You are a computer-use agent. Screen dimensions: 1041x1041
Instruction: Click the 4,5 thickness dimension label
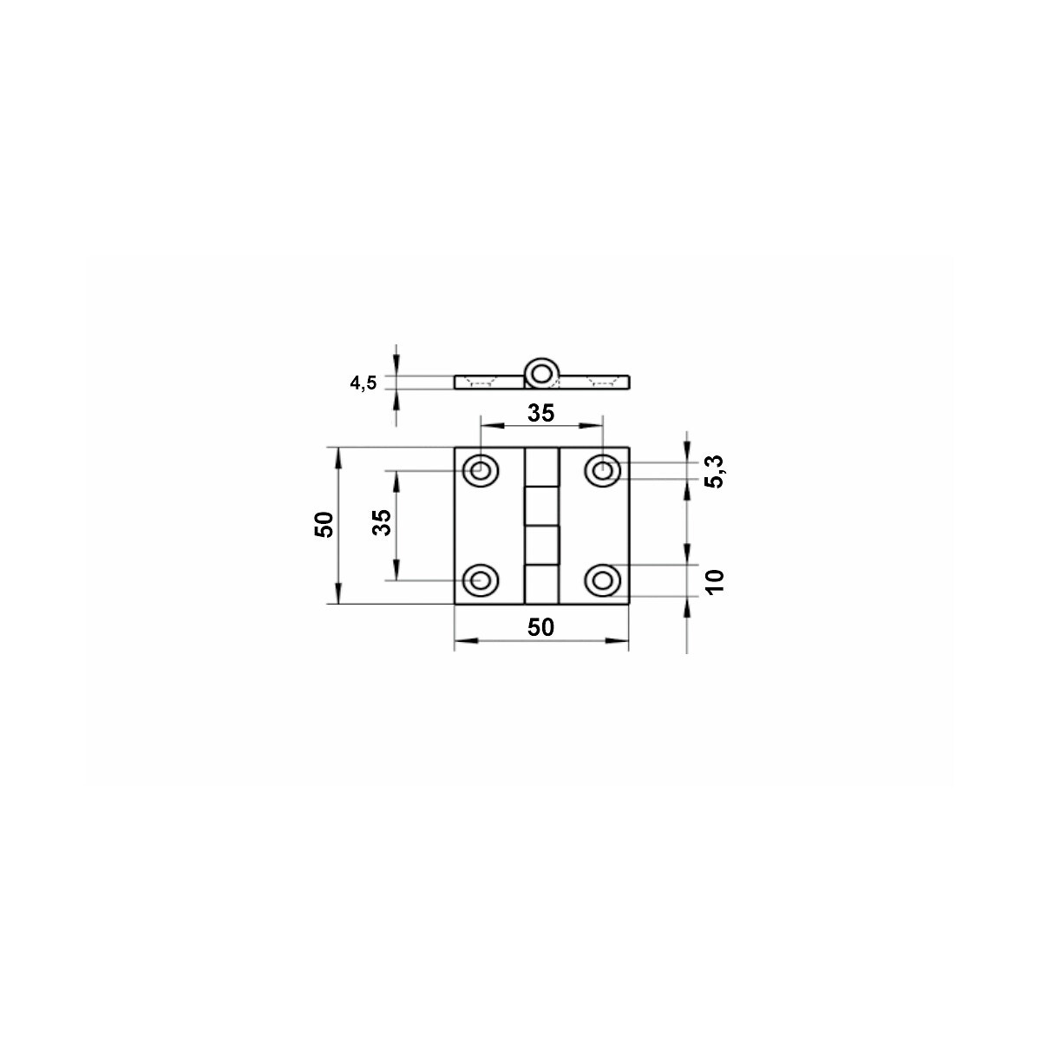[363, 383]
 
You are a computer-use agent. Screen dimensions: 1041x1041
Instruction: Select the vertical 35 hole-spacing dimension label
[382, 522]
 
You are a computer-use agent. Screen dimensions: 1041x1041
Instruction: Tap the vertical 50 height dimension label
[324, 524]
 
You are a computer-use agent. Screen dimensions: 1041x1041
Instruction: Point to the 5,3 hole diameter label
[715, 472]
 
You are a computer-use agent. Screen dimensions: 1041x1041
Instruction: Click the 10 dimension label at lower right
[715, 582]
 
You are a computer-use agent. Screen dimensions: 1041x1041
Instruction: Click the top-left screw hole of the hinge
[481, 470]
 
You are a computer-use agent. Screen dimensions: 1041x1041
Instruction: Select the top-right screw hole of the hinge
[602, 470]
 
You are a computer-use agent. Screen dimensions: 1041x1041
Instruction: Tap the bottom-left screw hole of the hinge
[481, 580]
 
